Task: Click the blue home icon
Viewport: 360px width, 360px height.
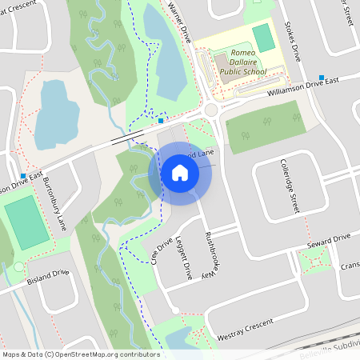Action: (180, 172)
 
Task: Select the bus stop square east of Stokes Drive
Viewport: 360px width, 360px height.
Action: (322, 78)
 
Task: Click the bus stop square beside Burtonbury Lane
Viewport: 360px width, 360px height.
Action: (23, 176)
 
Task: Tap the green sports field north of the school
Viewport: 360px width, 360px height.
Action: (262, 38)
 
